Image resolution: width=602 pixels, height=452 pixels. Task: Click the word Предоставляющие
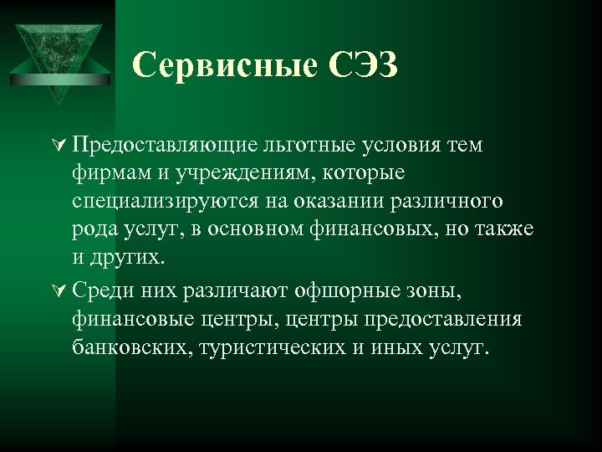[162, 147]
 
